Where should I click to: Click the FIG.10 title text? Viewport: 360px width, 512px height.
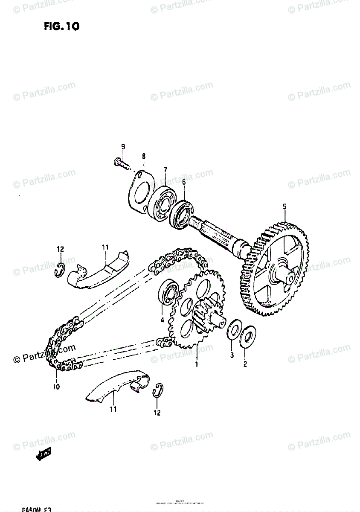click(x=61, y=27)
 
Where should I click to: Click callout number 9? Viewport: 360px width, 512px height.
click(x=123, y=147)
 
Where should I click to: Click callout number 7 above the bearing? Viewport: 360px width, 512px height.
click(x=165, y=170)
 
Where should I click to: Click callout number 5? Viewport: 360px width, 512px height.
click(x=285, y=207)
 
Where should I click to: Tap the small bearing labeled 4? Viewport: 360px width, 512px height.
click(x=169, y=294)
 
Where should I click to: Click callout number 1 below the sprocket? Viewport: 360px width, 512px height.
click(x=197, y=364)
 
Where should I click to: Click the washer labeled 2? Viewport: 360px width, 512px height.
click(x=248, y=335)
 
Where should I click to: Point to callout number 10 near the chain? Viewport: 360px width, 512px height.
click(x=56, y=387)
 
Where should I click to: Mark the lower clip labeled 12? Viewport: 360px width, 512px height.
click(x=158, y=390)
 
